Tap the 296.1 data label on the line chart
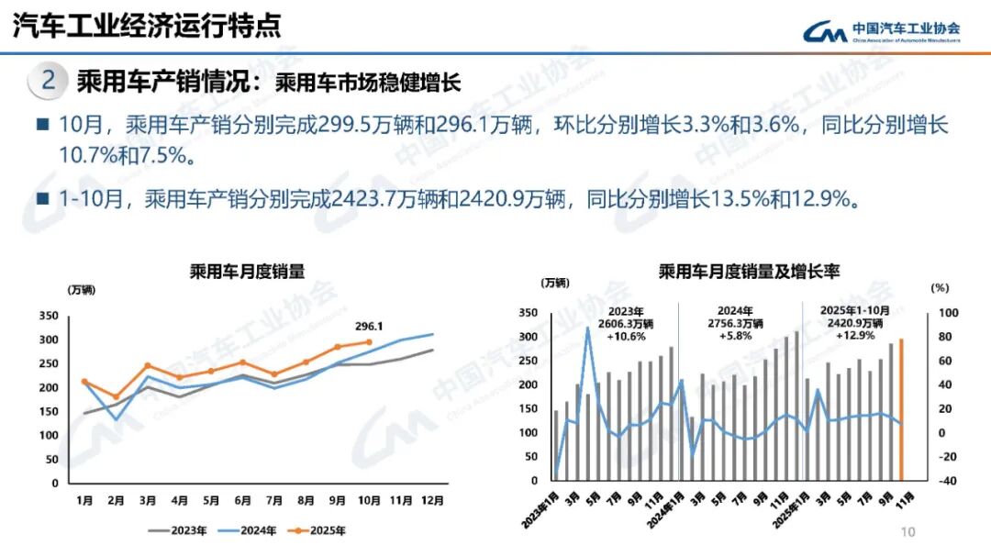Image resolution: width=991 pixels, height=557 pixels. [369, 326]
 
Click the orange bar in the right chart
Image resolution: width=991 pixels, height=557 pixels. [901, 409]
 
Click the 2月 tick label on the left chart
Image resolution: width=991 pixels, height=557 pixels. [116, 501]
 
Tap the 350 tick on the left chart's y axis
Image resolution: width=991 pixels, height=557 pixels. [49, 316]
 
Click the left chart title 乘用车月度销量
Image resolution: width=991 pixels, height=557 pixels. [247, 271]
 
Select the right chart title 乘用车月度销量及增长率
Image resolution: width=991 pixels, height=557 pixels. [749, 271]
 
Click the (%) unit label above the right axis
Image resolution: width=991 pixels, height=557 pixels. [940, 287]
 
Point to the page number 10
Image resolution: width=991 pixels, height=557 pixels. [908, 532]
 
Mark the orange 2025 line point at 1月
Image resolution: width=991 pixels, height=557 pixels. [84, 381]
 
